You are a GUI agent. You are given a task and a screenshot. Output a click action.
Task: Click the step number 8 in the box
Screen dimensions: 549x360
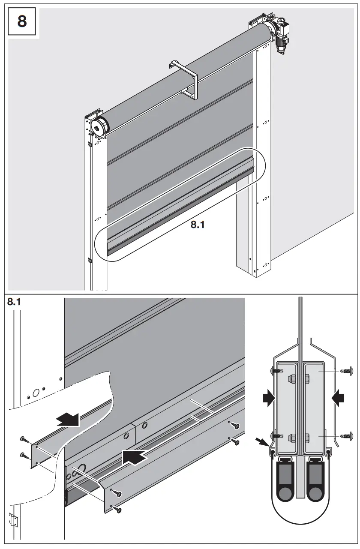21,21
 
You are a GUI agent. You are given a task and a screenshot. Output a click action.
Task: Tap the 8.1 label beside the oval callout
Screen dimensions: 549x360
197,225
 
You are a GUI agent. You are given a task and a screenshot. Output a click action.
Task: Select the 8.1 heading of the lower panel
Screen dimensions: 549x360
16,303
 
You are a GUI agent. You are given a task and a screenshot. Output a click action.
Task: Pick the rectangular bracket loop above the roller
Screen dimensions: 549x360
184,79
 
